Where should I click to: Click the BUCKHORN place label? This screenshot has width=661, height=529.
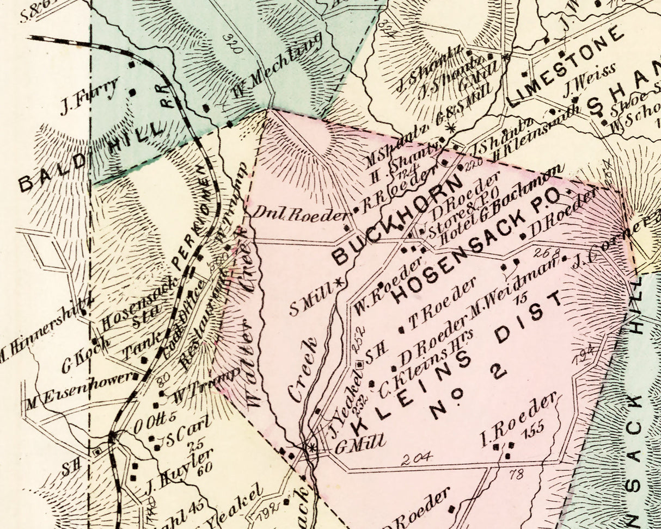click(397, 221)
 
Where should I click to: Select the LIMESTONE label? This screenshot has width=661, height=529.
click(566, 66)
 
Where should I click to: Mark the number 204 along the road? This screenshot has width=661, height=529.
click(417, 457)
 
